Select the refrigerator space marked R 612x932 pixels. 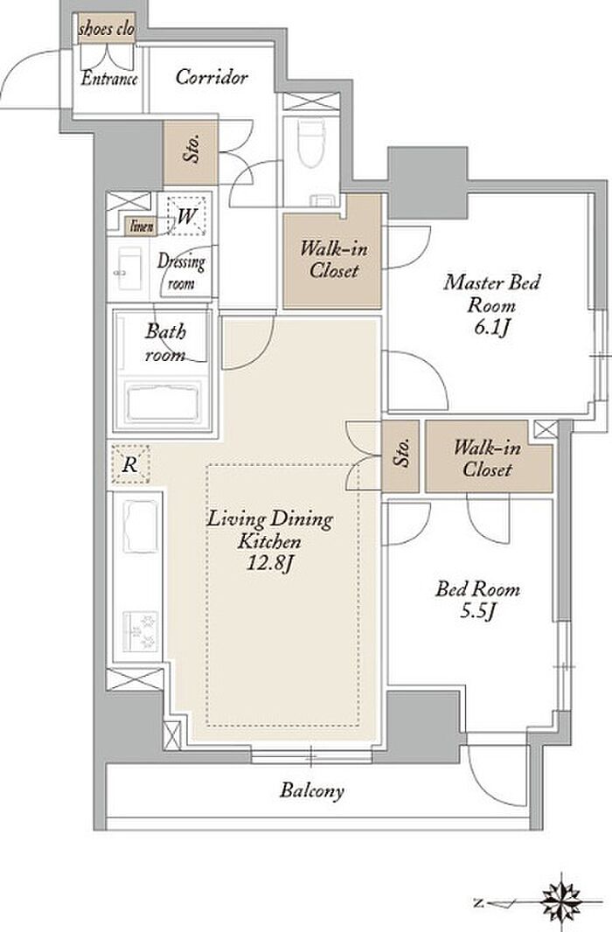(129, 463)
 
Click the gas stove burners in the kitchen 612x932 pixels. (141, 632)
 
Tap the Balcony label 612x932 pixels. (312, 790)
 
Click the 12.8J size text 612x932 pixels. (270, 563)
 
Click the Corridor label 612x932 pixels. (212, 77)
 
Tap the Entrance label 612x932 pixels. (109, 79)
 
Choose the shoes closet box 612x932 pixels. (107, 30)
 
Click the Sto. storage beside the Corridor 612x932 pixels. (191, 152)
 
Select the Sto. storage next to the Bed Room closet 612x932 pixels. (401, 456)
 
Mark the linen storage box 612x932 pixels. (141, 226)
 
